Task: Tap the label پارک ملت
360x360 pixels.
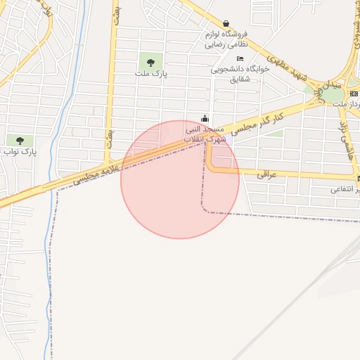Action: coord(150,73)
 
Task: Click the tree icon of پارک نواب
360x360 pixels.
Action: coord(19,141)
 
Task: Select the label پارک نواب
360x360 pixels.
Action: coord(20,151)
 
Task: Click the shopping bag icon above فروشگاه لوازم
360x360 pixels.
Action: coord(226,23)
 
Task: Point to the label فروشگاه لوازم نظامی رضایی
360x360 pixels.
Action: coord(224,39)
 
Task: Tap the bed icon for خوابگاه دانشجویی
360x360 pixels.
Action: coord(240,59)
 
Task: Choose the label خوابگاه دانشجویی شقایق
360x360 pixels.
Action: coord(236,74)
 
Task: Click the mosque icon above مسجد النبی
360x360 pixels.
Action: coord(205,118)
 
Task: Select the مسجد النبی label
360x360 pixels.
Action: coord(205,129)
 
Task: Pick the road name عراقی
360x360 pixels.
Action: coord(268,174)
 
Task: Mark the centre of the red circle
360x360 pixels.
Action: coord(180,179)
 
